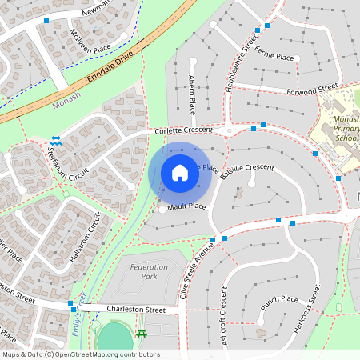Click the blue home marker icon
[180, 173]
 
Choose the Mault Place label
[187, 206]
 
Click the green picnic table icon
[142, 333]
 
